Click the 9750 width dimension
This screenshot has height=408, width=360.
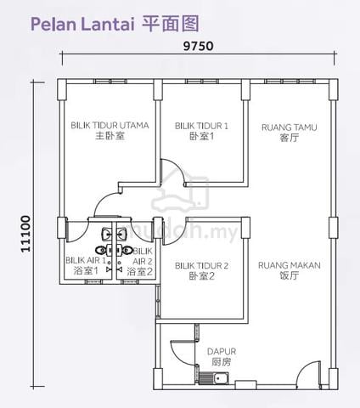pos(198,46)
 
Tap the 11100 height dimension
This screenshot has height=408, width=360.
pos(25,234)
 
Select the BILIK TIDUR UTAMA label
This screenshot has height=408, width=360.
pos(110,130)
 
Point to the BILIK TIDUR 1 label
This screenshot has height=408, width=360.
pos(201,131)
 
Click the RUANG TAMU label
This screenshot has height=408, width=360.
pos(289,133)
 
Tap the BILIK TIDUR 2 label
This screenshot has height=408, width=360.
pos(201,271)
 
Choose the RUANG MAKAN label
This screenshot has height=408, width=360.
pos(290,270)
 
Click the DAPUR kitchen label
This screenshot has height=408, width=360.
pos(222,357)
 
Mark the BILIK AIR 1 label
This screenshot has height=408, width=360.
pos(86,265)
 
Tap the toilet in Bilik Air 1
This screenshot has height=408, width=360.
pos(101,250)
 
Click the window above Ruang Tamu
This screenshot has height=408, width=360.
pos(290,82)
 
